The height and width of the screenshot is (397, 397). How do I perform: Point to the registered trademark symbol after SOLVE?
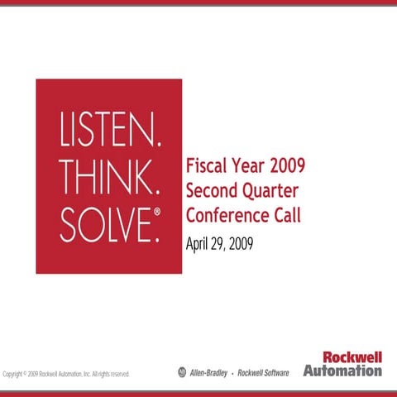155,213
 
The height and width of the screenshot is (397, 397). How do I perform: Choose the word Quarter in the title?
270,191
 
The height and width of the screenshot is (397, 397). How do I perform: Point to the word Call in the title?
286,215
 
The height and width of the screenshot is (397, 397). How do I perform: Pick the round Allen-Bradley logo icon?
183,372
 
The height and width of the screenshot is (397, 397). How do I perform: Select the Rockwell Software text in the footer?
263,373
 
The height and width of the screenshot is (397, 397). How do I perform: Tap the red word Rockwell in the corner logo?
352,358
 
